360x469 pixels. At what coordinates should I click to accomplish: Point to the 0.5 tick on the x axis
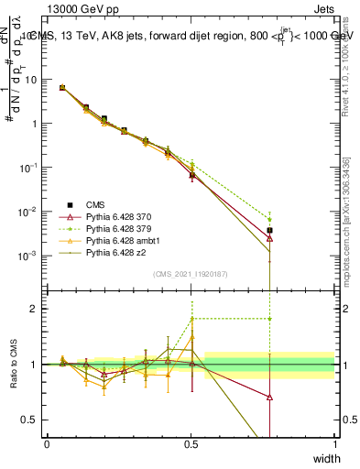tap(191, 443)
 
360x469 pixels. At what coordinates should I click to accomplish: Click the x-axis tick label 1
tap(335, 443)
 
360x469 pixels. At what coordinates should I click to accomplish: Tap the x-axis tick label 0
tap(48, 443)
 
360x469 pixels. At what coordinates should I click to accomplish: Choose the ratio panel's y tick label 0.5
tap(34, 420)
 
